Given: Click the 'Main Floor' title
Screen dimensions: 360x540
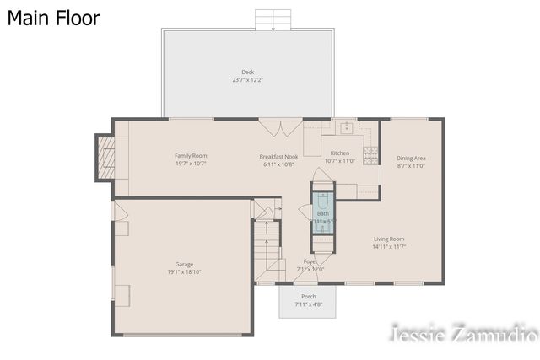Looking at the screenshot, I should point(54,18).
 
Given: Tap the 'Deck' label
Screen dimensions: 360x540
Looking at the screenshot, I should point(248,73).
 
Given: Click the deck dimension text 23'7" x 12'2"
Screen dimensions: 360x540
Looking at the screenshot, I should point(248,80).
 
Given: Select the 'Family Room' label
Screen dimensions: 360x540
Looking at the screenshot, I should point(191,156).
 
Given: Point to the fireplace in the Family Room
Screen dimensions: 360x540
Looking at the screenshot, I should point(106,157).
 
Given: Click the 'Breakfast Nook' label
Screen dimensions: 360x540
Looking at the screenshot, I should point(278,156).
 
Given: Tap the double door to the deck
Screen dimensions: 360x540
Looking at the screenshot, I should point(274,126).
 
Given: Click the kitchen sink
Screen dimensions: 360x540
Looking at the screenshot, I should point(345,128).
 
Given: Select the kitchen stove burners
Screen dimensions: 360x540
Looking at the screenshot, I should point(370,153).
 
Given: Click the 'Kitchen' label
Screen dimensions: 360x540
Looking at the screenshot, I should point(339,153).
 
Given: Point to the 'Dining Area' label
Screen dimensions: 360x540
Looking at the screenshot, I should point(411,159).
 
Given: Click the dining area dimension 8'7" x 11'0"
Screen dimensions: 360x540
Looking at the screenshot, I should point(411,166).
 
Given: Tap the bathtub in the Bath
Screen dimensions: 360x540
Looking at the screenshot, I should point(323,207).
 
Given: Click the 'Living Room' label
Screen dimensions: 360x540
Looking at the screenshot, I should point(389,239).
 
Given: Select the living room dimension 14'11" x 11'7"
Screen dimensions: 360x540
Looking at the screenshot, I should point(389,247).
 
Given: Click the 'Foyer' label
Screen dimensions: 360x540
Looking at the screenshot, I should point(310,261).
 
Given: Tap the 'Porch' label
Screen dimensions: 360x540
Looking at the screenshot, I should point(309,297).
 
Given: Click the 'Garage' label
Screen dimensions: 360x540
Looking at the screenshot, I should point(184,264).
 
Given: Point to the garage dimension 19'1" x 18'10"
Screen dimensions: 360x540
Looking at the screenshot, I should point(184,272).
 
